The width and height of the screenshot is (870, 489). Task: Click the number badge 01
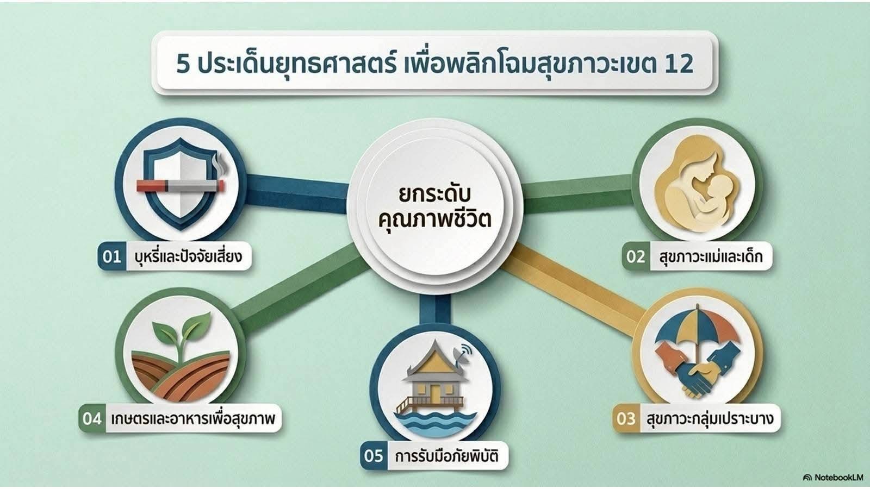112,256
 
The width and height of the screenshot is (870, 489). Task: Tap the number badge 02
636,256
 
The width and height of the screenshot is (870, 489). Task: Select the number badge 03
626,419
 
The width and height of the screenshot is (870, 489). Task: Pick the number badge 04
92,419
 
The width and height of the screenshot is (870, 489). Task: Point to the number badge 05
374,456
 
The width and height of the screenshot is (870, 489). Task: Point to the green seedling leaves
182,329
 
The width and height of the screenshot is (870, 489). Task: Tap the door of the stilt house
436,393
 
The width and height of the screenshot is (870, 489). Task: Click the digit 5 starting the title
183,65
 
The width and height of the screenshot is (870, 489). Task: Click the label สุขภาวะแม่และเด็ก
711,256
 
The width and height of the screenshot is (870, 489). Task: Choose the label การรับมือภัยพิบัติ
446,456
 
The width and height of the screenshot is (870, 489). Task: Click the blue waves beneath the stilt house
435,424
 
